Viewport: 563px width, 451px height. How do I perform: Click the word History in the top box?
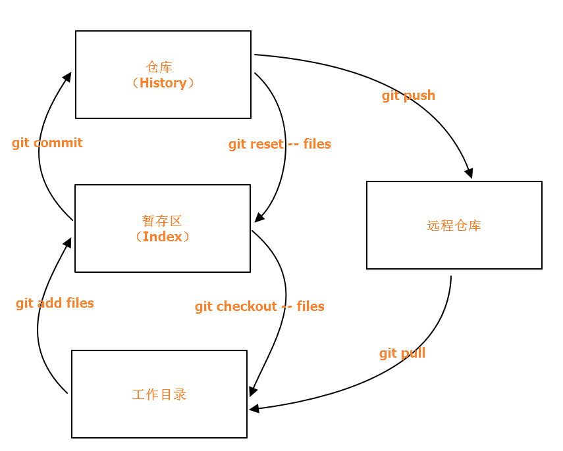(163, 83)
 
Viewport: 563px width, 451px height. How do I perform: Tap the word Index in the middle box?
(162, 237)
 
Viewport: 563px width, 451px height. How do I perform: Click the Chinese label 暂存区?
(162, 220)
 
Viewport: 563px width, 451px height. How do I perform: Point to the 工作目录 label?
(159, 394)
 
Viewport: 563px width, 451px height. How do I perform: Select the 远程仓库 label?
(454, 225)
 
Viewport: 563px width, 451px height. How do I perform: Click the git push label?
(408, 95)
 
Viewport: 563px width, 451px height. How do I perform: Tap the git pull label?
(402, 353)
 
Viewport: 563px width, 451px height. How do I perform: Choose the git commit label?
(47, 143)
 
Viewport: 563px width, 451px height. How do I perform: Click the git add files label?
(55, 303)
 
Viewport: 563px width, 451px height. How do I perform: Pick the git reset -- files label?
(280, 144)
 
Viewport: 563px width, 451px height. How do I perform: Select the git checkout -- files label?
(259, 306)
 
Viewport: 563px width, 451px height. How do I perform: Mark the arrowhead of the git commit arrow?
(68, 76)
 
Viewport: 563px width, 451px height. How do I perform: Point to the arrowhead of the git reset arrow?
(259, 218)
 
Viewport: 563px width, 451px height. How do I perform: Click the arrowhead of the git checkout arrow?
(252, 391)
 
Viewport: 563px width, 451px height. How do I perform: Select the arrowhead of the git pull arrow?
(254, 409)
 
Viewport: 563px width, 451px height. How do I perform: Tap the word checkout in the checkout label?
(247, 306)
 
